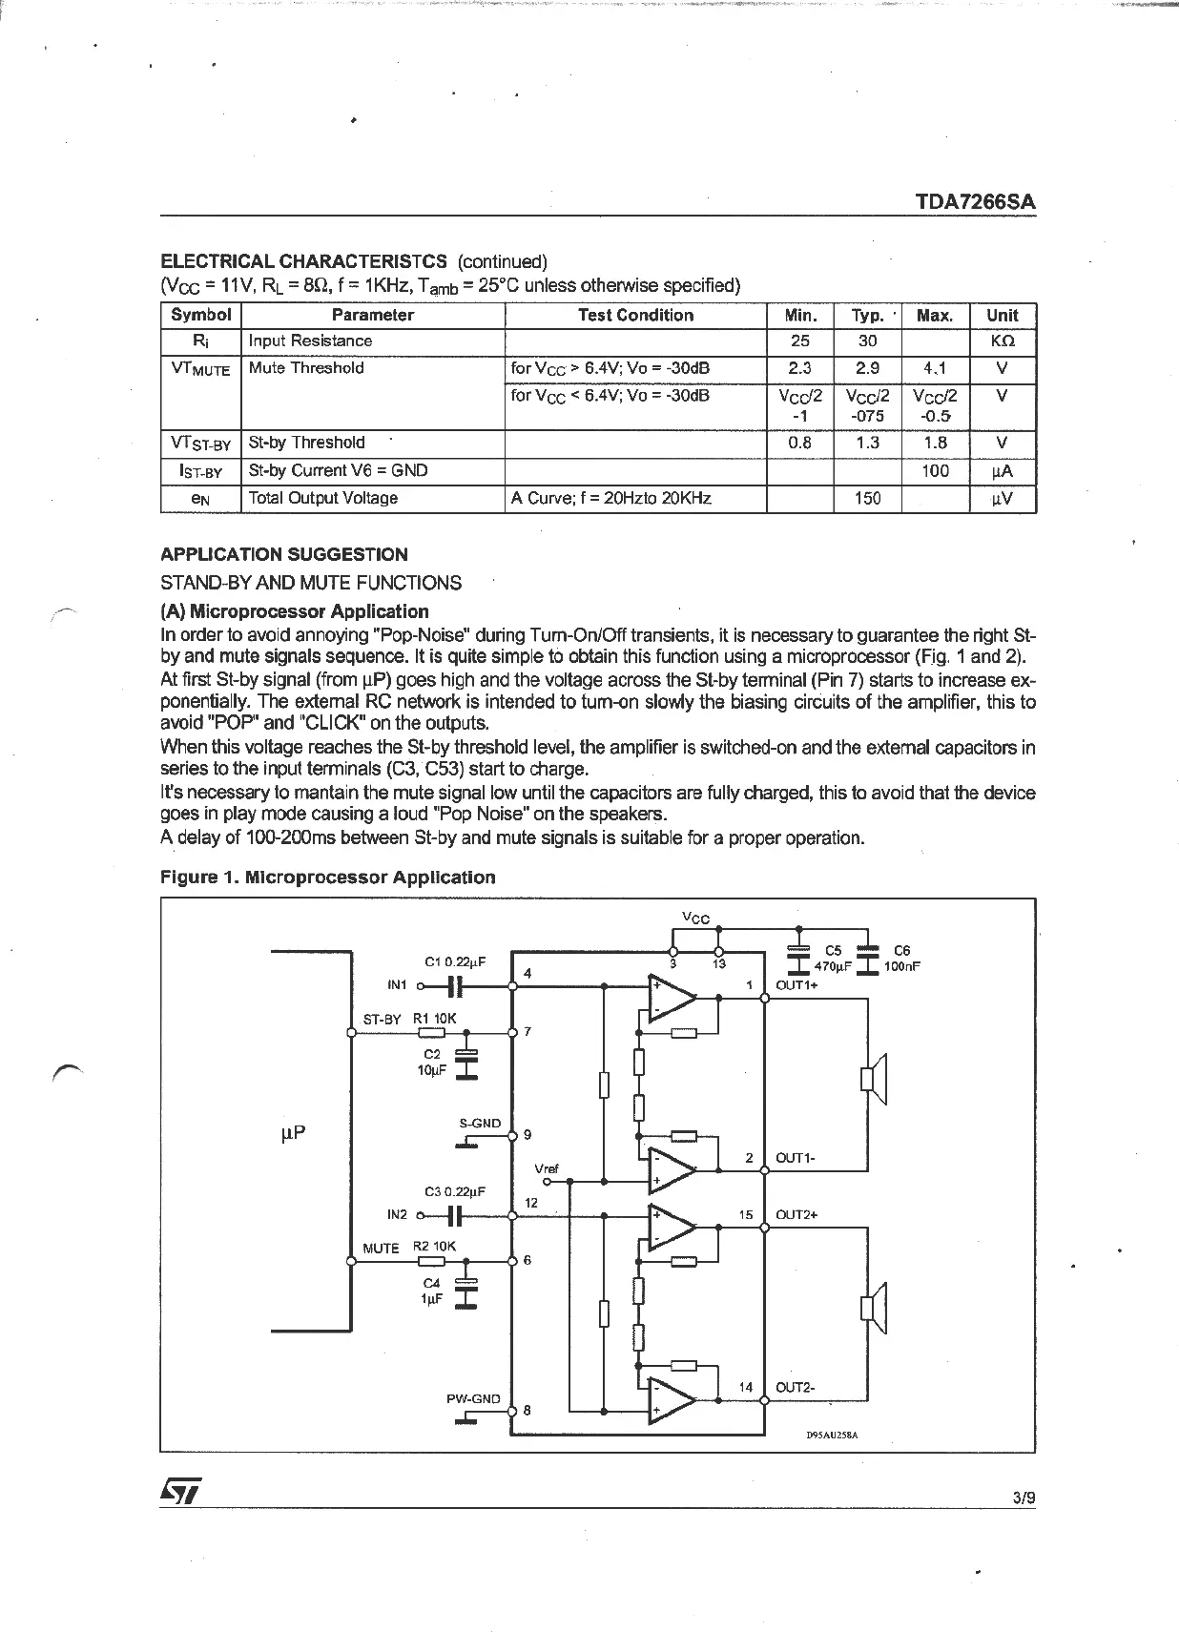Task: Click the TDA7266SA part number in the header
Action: [975, 202]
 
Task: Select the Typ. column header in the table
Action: [867, 316]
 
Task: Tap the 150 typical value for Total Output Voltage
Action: [867, 498]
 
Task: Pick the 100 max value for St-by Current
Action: [935, 470]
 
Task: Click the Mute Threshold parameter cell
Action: [306, 368]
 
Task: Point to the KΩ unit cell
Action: [1002, 341]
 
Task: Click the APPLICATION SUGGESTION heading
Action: [283, 554]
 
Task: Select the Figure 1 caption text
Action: [327, 878]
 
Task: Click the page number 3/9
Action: [1024, 1498]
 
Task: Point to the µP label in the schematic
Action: [293, 1133]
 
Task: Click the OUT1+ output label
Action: [796, 985]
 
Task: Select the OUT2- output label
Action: [795, 1388]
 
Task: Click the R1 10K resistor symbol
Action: [432, 1032]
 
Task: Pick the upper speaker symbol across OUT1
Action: [873, 1078]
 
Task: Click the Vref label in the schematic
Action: [547, 1168]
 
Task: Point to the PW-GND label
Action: [473, 1399]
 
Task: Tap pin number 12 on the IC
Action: [531, 1203]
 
